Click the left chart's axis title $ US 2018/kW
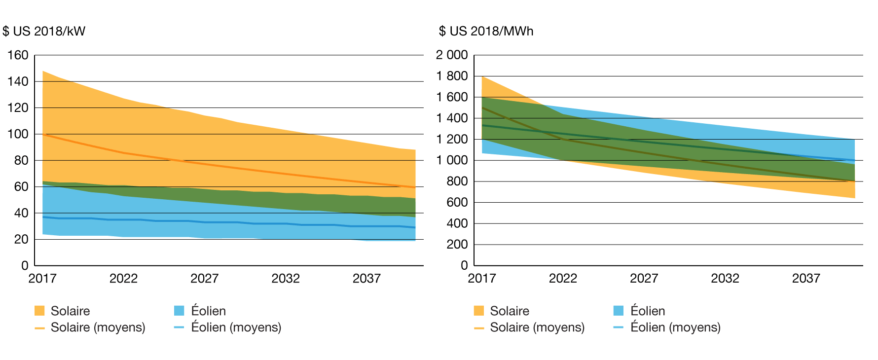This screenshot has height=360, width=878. (44, 31)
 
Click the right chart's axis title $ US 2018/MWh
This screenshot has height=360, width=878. (486, 31)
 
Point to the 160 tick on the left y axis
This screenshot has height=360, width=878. (18, 55)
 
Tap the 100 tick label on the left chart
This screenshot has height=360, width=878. (18, 134)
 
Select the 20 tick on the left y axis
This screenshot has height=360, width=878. (21, 239)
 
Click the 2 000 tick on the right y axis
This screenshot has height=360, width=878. (451, 55)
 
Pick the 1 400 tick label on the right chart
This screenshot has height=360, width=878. (451, 118)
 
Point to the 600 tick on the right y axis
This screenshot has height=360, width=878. (457, 202)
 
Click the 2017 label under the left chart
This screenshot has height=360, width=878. (42, 279)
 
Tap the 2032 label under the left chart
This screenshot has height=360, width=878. (286, 279)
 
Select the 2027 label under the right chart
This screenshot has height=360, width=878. (644, 279)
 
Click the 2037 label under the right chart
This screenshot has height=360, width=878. (806, 279)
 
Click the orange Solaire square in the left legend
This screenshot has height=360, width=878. (39, 311)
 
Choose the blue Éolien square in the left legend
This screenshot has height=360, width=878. (179, 311)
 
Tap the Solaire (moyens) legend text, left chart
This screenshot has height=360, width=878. (98, 327)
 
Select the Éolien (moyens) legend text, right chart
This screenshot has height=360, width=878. (675, 327)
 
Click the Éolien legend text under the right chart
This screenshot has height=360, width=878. (648, 311)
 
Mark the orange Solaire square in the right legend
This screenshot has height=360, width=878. (478, 311)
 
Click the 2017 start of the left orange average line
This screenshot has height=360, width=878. (43, 134)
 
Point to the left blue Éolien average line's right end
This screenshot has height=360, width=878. (415, 227)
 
